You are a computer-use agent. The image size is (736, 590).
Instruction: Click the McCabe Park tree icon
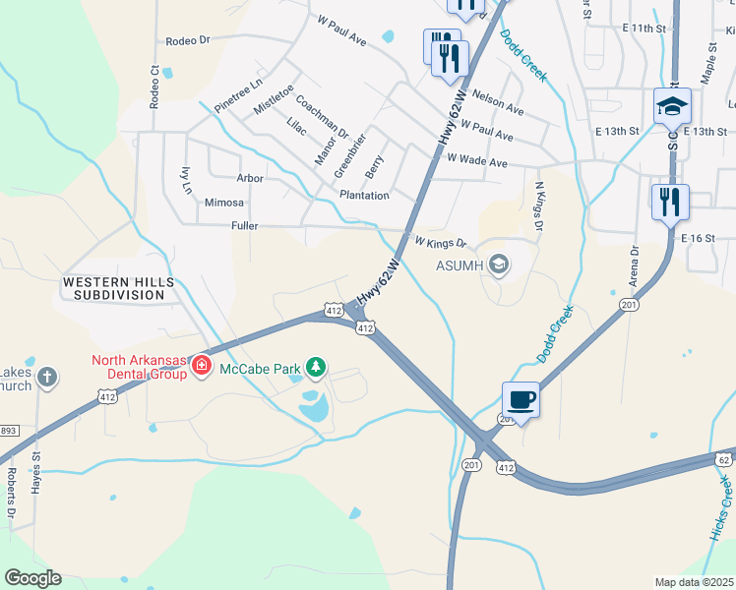click(316, 368)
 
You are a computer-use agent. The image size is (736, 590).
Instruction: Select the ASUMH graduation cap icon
click(499, 264)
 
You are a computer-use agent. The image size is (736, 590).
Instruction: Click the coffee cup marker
click(521, 399)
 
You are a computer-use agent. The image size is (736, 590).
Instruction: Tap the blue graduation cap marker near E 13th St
click(673, 105)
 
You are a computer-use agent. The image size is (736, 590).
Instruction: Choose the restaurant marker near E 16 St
click(670, 202)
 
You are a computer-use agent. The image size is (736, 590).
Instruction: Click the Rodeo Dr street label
click(189, 41)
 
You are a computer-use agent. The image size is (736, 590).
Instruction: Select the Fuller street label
click(245, 226)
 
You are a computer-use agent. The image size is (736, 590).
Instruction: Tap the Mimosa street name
click(224, 203)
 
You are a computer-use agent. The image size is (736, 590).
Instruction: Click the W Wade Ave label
click(477, 159)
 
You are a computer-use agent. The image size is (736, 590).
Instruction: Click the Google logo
click(32, 578)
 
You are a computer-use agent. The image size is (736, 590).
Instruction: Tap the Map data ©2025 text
click(694, 582)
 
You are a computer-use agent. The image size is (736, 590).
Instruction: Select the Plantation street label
click(364, 196)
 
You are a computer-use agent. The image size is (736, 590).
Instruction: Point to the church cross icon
click(46, 376)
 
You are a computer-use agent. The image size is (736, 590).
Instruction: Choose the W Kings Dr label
click(439, 242)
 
